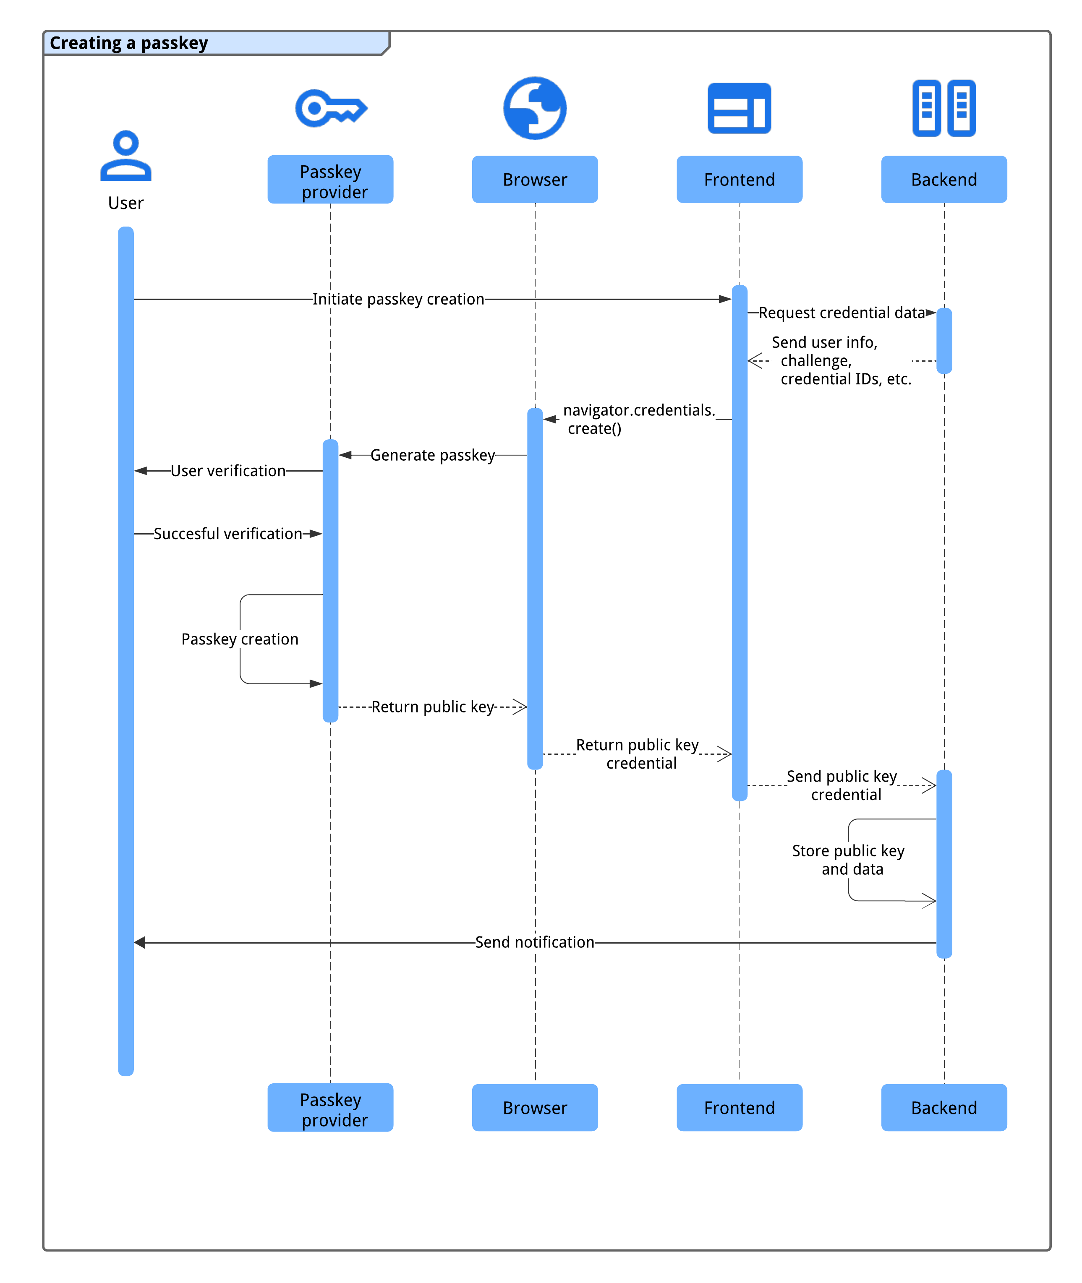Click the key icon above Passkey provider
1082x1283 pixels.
(x=331, y=109)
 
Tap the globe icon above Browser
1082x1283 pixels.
(x=535, y=109)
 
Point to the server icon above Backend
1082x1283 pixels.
(x=943, y=109)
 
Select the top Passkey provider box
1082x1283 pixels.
(x=331, y=180)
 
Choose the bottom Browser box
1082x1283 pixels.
(x=535, y=1107)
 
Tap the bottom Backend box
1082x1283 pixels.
(x=943, y=1107)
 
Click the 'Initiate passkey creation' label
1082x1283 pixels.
(x=398, y=299)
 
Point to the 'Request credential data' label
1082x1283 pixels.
(x=842, y=313)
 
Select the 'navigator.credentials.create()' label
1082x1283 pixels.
(x=638, y=419)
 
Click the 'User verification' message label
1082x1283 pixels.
(x=228, y=471)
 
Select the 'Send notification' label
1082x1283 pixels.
(x=534, y=942)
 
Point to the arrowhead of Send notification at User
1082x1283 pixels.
(x=140, y=942)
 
